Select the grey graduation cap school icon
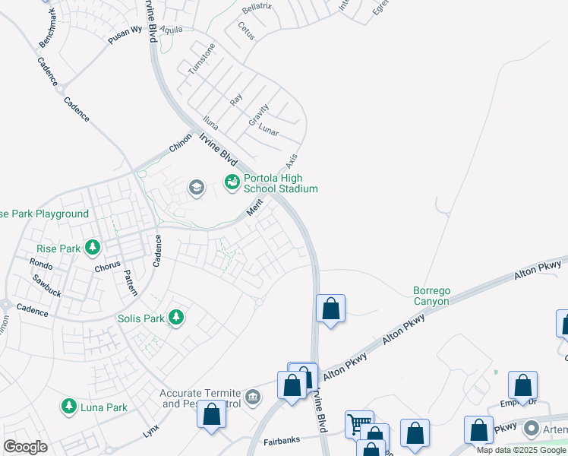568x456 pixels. pyautogui.click(x=197, y=188)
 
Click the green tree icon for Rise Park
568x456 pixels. pyautogui.click(x=93, y=247)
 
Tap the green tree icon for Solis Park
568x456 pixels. pyautogui.click(x=176, y=317)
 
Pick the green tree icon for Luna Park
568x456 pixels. pyautogui.click(x=70, y=407)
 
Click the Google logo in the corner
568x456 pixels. pyautogui.click(x=25, y=446)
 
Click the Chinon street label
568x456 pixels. pyautogui.click(x=180, y=143)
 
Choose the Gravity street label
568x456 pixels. pyautogui.click(x=259, y=116)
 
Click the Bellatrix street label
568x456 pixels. pyautogui.click(x=256, y=9)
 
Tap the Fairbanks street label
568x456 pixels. pyautogui.click(x=282, y=440)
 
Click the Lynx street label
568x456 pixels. pyautogui.click(x=151, y=431)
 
